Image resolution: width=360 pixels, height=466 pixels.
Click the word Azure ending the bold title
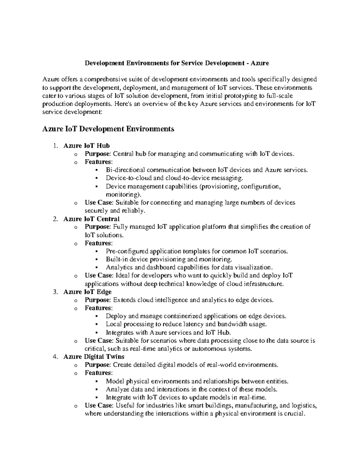pos(260,63)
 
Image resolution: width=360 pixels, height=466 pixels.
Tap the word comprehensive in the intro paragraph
pos(103,80)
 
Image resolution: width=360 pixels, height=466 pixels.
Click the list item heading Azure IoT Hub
pos(86,146)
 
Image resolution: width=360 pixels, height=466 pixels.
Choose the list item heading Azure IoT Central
pos(91,219)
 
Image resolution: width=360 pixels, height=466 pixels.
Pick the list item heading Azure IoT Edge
pos(87,292)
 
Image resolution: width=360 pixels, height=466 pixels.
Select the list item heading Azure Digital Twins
pos(94,357)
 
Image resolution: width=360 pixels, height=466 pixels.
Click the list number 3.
pos(54,292)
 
